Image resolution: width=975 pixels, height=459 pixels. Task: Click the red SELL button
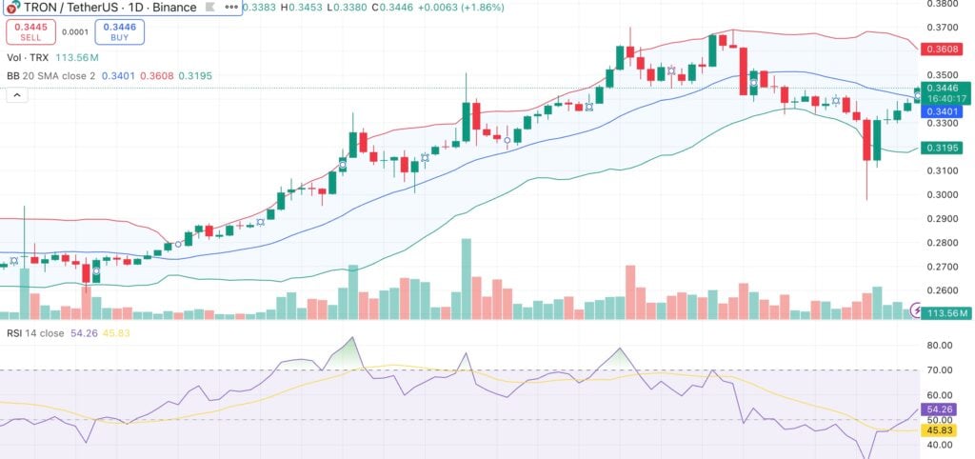tap(30, 32)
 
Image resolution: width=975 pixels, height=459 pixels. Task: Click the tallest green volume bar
tap(467, 278)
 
